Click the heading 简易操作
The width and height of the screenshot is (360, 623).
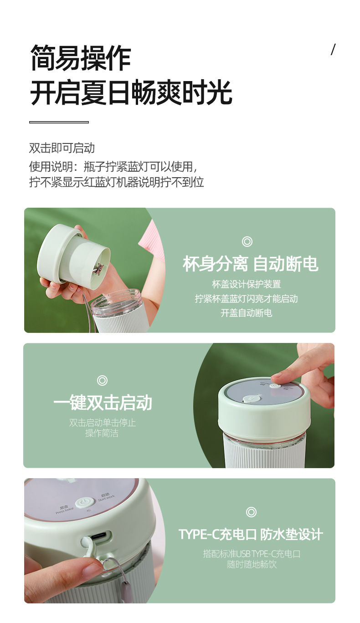tap(80, 58)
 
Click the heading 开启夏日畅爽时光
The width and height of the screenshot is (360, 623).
tap(131, 93)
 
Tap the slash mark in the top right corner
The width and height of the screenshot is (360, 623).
tap(333, 50)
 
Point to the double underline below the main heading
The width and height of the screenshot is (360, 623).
tap(59, 122)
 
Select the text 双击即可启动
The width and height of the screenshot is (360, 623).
tap(62, 148)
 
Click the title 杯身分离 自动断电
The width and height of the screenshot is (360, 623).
tap(250, 264)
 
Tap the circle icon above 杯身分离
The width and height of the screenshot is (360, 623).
tap(247, 241)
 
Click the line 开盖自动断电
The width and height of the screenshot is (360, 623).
tap(247, 313)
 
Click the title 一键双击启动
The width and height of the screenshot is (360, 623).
tap(103, 403)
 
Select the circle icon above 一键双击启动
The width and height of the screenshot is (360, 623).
tap(103, 380)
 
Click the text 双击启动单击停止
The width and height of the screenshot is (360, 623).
tap(103, 423)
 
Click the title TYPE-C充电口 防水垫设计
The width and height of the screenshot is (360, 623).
tap(251, 534)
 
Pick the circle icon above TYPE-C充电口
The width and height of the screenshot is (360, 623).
tap(251, 512)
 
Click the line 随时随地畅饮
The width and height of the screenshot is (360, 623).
tap(252, 565)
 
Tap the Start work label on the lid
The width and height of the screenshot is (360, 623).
tap(106, 497)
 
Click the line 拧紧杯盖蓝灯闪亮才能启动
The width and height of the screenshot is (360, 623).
tap(247, 299)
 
